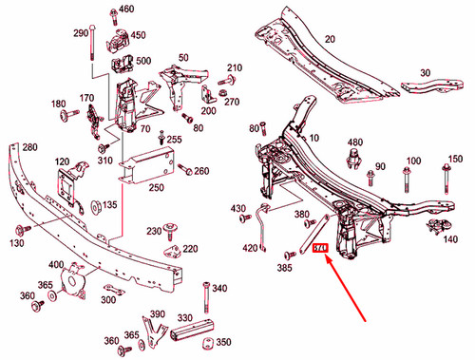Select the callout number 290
(80, 32)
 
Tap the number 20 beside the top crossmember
(331, 39)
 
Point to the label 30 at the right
(424, 71)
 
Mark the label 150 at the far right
(456, 159)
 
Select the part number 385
(284, 270)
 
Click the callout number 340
(220, 288)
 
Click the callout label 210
(236, 68)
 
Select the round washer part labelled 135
(95, 204)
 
